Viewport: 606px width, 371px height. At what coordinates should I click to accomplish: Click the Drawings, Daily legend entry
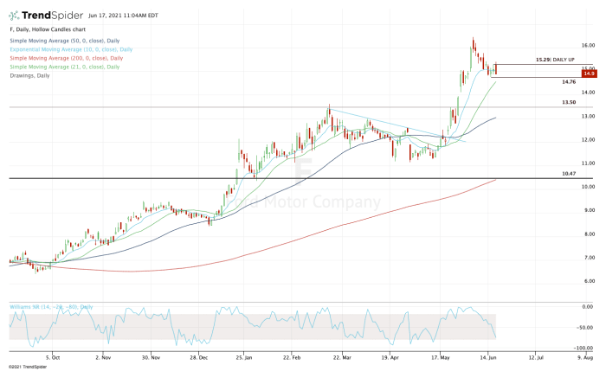pyautogui.click(x=30, y=75)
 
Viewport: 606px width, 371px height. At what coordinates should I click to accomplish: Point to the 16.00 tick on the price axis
pyautogui.click(x=588, y=45)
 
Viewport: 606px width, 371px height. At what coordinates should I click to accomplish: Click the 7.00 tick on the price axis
pyautogui.click(x=588, y=258)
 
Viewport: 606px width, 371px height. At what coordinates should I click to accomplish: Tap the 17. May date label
pyautogui.click(x=442, y=355)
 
